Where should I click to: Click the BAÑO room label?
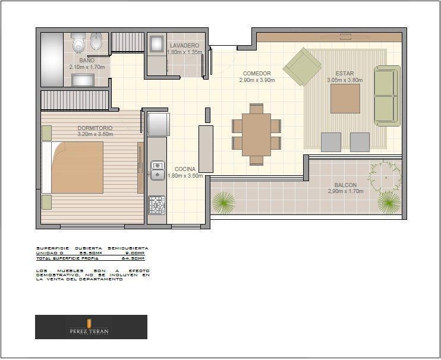point(86,61)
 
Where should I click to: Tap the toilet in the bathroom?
point(77,43)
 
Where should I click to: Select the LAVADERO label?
point(184,46)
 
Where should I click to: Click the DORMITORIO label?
point(94,128)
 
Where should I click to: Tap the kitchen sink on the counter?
point(157,170)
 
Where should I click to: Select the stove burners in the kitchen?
point(157,204)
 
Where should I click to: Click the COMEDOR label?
point(257,74)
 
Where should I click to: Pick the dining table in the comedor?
point(256,134)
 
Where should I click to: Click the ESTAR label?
point(344,74)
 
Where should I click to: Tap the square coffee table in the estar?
point(345,98)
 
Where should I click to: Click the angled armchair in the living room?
point(302,67)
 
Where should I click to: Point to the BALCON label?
point(345,185)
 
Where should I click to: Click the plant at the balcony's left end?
point(224,203)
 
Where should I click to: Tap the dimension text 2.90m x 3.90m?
point(257,80)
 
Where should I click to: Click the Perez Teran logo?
point(91,327)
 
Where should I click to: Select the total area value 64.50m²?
point(133,258)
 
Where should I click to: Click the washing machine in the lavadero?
point(157,45)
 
